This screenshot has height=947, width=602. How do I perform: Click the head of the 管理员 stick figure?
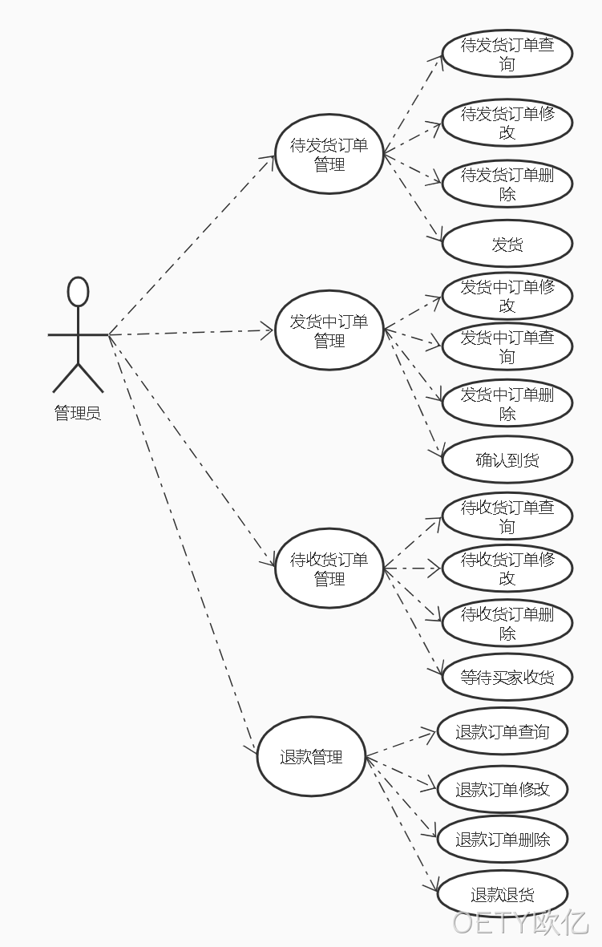coord(78,292)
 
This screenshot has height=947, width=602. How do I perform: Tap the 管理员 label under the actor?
coord(78,413)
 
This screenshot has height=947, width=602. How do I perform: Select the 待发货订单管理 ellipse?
coord(329,154)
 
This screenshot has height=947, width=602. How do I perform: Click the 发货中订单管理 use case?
coord(329,330)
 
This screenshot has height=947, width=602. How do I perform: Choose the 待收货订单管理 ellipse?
coord(329,569)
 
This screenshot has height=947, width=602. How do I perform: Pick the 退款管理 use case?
coord(312,757)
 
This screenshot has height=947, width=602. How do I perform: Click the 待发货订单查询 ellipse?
coord(507,54)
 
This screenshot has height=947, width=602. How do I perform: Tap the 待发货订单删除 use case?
coord(507,184)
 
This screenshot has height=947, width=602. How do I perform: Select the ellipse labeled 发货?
coord(507,244)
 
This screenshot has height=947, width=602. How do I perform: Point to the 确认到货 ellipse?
coord(507,459)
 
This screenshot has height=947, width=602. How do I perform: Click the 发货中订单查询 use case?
coord(507,346)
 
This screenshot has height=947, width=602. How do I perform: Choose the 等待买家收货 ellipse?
coord(507,677)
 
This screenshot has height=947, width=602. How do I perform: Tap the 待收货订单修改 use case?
coord(507,569)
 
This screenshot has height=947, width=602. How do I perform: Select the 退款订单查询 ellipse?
coord(503,731)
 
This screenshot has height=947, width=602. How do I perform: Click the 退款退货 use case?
coord(503,894)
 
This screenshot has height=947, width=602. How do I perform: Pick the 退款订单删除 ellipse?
coord(503,839)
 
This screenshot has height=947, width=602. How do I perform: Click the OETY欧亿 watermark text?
coord(520,921)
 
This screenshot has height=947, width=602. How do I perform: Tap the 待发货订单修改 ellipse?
coord(507,123)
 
